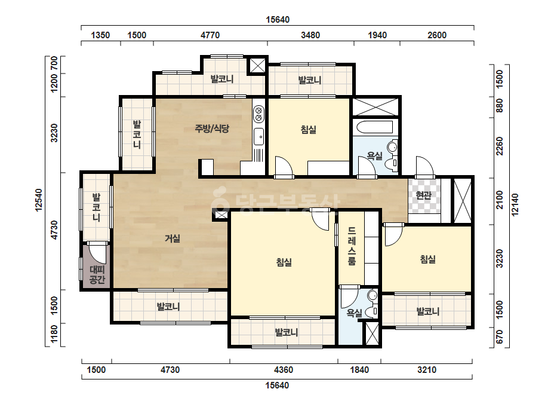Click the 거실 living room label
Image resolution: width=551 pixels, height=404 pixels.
click(173, 238)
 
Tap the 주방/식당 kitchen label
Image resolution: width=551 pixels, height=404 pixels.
click(212, 128)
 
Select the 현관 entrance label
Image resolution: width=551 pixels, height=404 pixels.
click(423, 195)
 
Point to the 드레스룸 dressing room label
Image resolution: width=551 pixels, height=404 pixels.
click(352, 246)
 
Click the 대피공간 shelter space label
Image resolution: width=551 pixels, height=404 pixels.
click(97, 275)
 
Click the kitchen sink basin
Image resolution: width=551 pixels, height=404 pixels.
click(258, 136)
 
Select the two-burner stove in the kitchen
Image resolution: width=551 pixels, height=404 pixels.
click(258, 114)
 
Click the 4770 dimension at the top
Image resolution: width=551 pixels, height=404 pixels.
click(210, 35)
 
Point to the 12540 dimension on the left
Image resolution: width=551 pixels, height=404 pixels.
click(39, 200)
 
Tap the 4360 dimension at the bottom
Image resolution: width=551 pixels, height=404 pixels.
click(284, 370)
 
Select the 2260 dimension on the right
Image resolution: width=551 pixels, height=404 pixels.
click(499, 146)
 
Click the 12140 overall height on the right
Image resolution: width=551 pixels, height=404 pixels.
click(515, 205)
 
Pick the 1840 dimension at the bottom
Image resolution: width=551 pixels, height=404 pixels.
click(359, 370)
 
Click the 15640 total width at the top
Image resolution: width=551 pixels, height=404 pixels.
click(278, 20)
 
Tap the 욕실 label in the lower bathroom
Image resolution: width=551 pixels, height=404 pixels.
click(354, 313)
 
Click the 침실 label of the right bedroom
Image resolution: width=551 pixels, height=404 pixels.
click(428, 260)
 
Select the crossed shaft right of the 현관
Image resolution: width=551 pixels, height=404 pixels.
click(463, 201)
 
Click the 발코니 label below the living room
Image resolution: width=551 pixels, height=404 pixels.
click(169, 307)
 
